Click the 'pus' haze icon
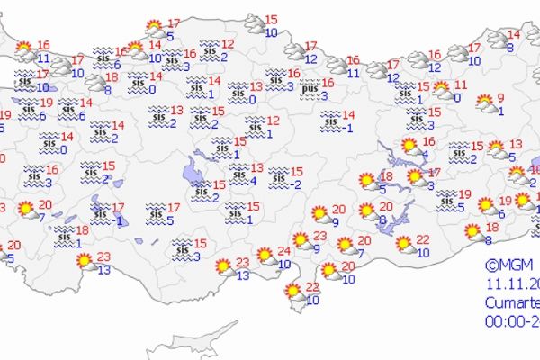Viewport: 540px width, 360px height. point(310,89)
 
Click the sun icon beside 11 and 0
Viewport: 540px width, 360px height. point(443,90)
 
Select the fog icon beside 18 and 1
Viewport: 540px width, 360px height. point(63,236)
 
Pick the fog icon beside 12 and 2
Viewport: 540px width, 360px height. point(210,49)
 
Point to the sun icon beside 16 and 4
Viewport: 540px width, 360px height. point(409,146)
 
